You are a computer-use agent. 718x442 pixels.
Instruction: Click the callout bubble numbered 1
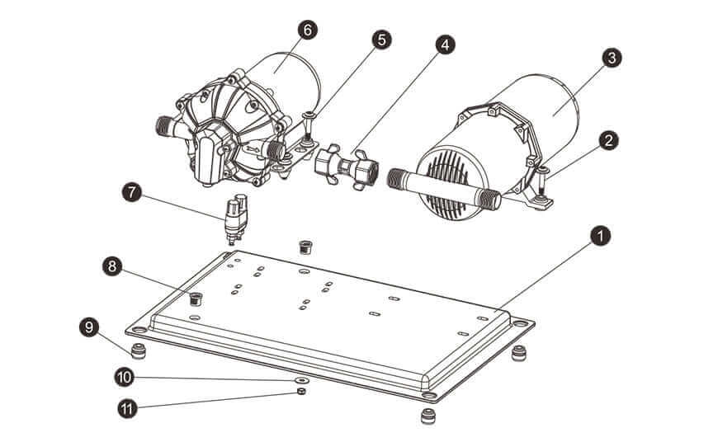coord(600,236)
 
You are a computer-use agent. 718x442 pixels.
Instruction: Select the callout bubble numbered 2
coord(608,139)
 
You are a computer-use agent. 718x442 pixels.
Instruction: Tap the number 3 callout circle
coord(610,58)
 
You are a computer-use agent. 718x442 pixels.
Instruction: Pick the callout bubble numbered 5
coord(380,39)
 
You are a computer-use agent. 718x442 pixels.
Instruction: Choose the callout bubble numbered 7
coord(130,192)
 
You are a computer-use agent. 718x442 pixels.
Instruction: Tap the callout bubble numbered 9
coord(89,327)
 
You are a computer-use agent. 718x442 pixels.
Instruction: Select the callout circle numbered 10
coord(125,376)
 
